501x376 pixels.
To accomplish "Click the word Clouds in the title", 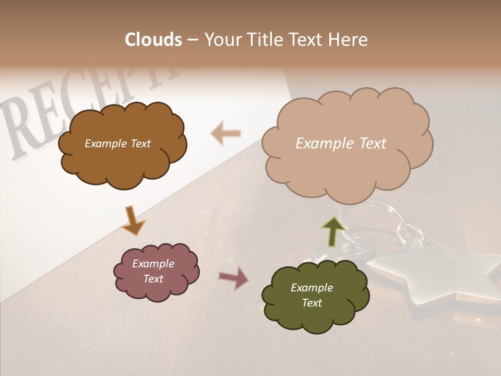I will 153,40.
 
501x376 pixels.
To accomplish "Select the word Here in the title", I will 349,40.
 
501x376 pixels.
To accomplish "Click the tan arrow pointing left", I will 225,133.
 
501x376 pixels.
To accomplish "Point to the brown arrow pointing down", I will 133,220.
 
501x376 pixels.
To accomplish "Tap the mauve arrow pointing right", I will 233,278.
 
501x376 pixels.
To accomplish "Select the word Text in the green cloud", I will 312,303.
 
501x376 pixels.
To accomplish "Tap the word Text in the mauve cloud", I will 153,279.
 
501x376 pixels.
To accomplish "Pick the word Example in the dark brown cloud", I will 104,144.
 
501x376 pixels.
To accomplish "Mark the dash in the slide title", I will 193,40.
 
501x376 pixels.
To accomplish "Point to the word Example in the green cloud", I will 312,288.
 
